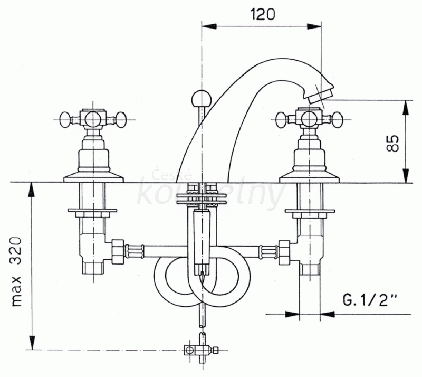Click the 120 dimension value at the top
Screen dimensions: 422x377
[262, 14]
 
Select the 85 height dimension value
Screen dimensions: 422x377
[393, 143]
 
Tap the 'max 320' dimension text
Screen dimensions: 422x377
[17, 272]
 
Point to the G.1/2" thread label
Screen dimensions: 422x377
[370, 300]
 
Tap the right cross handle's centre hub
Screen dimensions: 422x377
[310, 119]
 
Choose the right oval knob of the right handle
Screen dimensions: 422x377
[338, 119]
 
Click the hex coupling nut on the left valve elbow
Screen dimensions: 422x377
[118, 251]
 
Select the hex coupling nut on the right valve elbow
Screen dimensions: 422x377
[285, 251]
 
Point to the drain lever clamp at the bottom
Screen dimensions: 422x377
[200, 350]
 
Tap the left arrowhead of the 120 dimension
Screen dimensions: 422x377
[209, 26]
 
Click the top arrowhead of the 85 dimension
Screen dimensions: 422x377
[406, 108]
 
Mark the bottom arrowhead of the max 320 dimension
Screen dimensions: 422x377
[32, 342]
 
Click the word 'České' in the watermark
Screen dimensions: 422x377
[172, 175]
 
